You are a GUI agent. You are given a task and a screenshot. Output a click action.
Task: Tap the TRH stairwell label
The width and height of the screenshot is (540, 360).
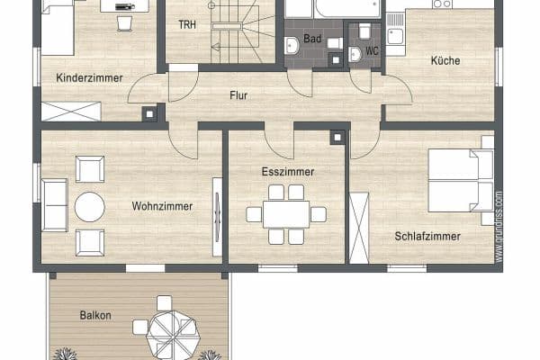pos(187,23)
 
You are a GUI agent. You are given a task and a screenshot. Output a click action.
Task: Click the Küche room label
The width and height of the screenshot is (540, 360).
pos(445,61)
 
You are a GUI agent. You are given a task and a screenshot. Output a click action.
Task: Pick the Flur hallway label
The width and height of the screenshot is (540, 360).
pos(238,94)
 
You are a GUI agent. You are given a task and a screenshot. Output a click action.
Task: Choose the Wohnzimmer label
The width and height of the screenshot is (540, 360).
pos(162,206)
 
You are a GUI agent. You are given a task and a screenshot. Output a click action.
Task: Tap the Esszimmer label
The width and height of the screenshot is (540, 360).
pos(286,170)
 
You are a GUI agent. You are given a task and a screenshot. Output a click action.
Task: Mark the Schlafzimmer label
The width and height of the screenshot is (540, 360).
pos(427,237)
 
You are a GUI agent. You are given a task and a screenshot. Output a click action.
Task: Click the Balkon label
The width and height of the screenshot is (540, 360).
pos(95,315)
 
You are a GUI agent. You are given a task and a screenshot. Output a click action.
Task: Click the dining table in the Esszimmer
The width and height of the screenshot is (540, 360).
pos(286,214)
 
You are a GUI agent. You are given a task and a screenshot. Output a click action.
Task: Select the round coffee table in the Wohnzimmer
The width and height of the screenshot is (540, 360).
pos(90,207)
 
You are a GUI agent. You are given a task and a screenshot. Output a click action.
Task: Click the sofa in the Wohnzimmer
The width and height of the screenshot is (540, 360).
pos(54,204)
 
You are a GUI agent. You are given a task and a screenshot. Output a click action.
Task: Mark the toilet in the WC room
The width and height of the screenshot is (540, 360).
pos(355,53)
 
